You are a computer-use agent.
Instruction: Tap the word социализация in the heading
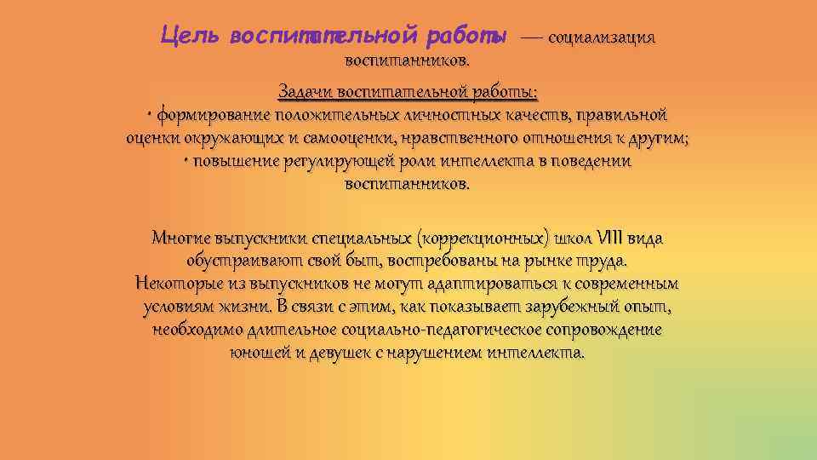(602, 37)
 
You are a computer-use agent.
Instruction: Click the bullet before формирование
(149, 115)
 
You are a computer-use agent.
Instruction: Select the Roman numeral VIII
(609, 238)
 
